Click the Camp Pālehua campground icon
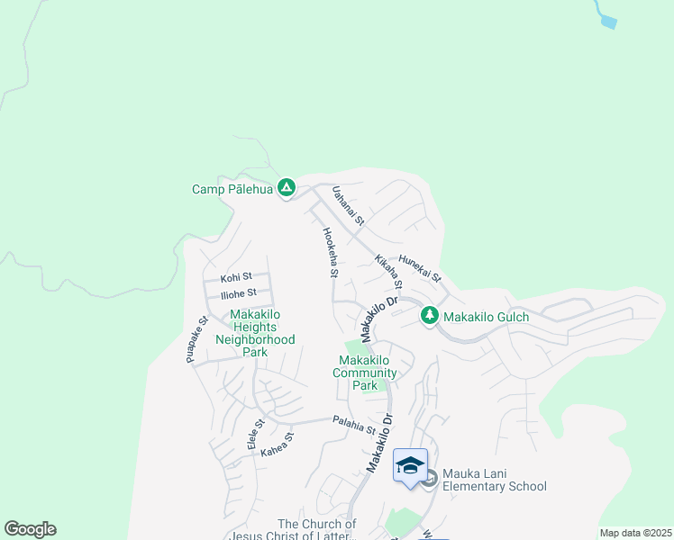coord(287,188)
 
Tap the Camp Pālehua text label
coord(232,189)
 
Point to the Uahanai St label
coord(347,206)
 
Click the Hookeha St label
coord(330,252)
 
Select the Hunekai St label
coord(419,265)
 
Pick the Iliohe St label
coord(239,292)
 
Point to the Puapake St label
coord(197,339)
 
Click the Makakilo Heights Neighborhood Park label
coord(255,333)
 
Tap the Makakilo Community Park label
coord(365,373)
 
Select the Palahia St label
coord(353,424)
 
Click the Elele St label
coord(256,434)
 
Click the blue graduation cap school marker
coord(410,466)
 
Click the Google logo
coord(30,529)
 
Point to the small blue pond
coord(607,21)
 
